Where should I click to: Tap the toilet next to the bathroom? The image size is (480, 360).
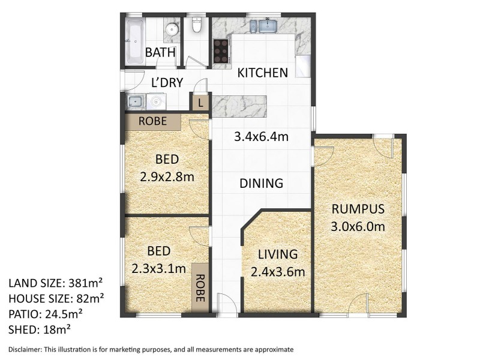click(196, 25)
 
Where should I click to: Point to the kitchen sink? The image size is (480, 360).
click(263, 26)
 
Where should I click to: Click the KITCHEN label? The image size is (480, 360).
click(263, 73)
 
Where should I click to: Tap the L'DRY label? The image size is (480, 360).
click(167, 83)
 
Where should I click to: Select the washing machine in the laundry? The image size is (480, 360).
click(156, 101)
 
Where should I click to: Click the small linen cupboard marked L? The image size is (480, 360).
click(200, 103)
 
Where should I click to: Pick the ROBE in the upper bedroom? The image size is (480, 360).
click(153, 121)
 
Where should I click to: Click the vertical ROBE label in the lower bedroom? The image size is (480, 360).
click(200, 288)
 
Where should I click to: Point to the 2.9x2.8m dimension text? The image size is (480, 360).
click(167, 176)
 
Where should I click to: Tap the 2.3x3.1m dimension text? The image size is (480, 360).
click(159, 268)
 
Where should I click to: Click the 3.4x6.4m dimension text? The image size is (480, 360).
click(262, 137)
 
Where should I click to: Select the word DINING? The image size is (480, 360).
click(262, 183)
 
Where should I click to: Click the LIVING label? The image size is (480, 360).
click(278, 254)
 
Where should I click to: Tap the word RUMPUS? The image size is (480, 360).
click(358, 209)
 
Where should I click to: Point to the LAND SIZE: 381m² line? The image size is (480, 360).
click(56, 283)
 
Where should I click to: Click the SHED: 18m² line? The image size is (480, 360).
click(40, 329)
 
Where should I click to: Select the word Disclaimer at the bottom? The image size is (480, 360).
click(25, 350)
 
